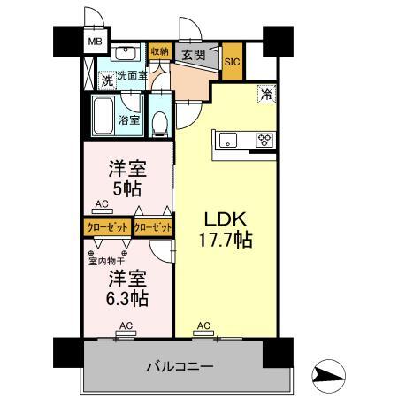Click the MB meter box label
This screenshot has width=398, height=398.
click(x=95, y=42)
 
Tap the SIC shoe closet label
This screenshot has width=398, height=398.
click(x=233, y=62)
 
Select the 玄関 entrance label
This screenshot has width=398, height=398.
click(x=194, y=55)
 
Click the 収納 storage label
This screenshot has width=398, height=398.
click(x=160, y=51)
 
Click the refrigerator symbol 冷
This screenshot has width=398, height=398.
click(x=267, y=94)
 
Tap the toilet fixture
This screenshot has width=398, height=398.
click(x=160, y=125)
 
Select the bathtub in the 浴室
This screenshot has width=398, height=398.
click(x=103, y=116)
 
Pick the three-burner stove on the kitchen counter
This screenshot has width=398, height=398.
click(x=264, y=140)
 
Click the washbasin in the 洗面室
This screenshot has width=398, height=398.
click(x=126, y=53)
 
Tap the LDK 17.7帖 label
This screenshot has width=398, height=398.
click(x=226, y=230)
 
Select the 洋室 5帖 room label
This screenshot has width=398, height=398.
click(x=127, y=179)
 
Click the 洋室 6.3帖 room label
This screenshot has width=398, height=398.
click(x=127, y=288)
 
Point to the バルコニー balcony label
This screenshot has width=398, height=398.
click(x=180, y=367)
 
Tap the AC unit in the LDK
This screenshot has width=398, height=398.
click(x=203, y=333)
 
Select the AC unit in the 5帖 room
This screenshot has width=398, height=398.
click(x=103, y=211)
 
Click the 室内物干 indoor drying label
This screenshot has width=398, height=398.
click(x=107, y=261)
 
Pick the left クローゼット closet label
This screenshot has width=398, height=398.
click(x=108, y=227)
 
